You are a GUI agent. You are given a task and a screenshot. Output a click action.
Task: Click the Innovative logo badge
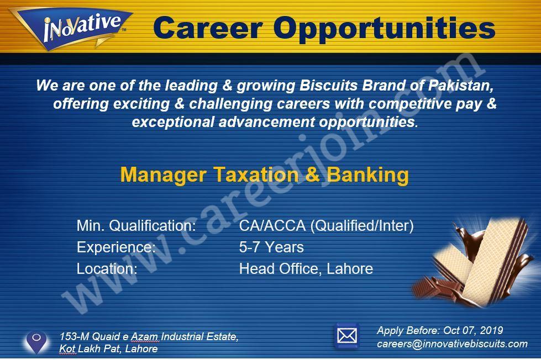[x=71, y=28]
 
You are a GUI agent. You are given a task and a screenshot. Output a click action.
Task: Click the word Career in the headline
[x=208, y=28]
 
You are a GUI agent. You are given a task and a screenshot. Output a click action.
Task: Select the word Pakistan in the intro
[x=461, y=86]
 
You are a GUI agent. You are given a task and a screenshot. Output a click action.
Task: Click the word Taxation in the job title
[x=256, y=174]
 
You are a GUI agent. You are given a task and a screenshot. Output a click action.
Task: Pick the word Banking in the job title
[x=367, y=175]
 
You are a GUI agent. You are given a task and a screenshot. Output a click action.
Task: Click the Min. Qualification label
[x=136, y=226]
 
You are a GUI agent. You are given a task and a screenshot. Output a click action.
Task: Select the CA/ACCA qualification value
[x=327, y=226]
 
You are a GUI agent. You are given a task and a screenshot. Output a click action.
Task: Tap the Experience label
[x=116, y=247]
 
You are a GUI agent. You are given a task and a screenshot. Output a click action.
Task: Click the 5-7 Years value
[x=271, y=247]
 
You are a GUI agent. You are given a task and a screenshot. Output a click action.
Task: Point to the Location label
[x=107, y=269]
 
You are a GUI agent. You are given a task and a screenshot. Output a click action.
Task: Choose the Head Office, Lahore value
[x=306, y=269]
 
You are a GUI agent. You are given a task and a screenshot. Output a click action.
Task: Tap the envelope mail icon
[x=346, y=336]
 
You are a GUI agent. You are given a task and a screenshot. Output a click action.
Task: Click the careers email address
[x=452, y=344]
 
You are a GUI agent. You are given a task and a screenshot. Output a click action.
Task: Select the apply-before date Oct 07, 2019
[x=473, y=330]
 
